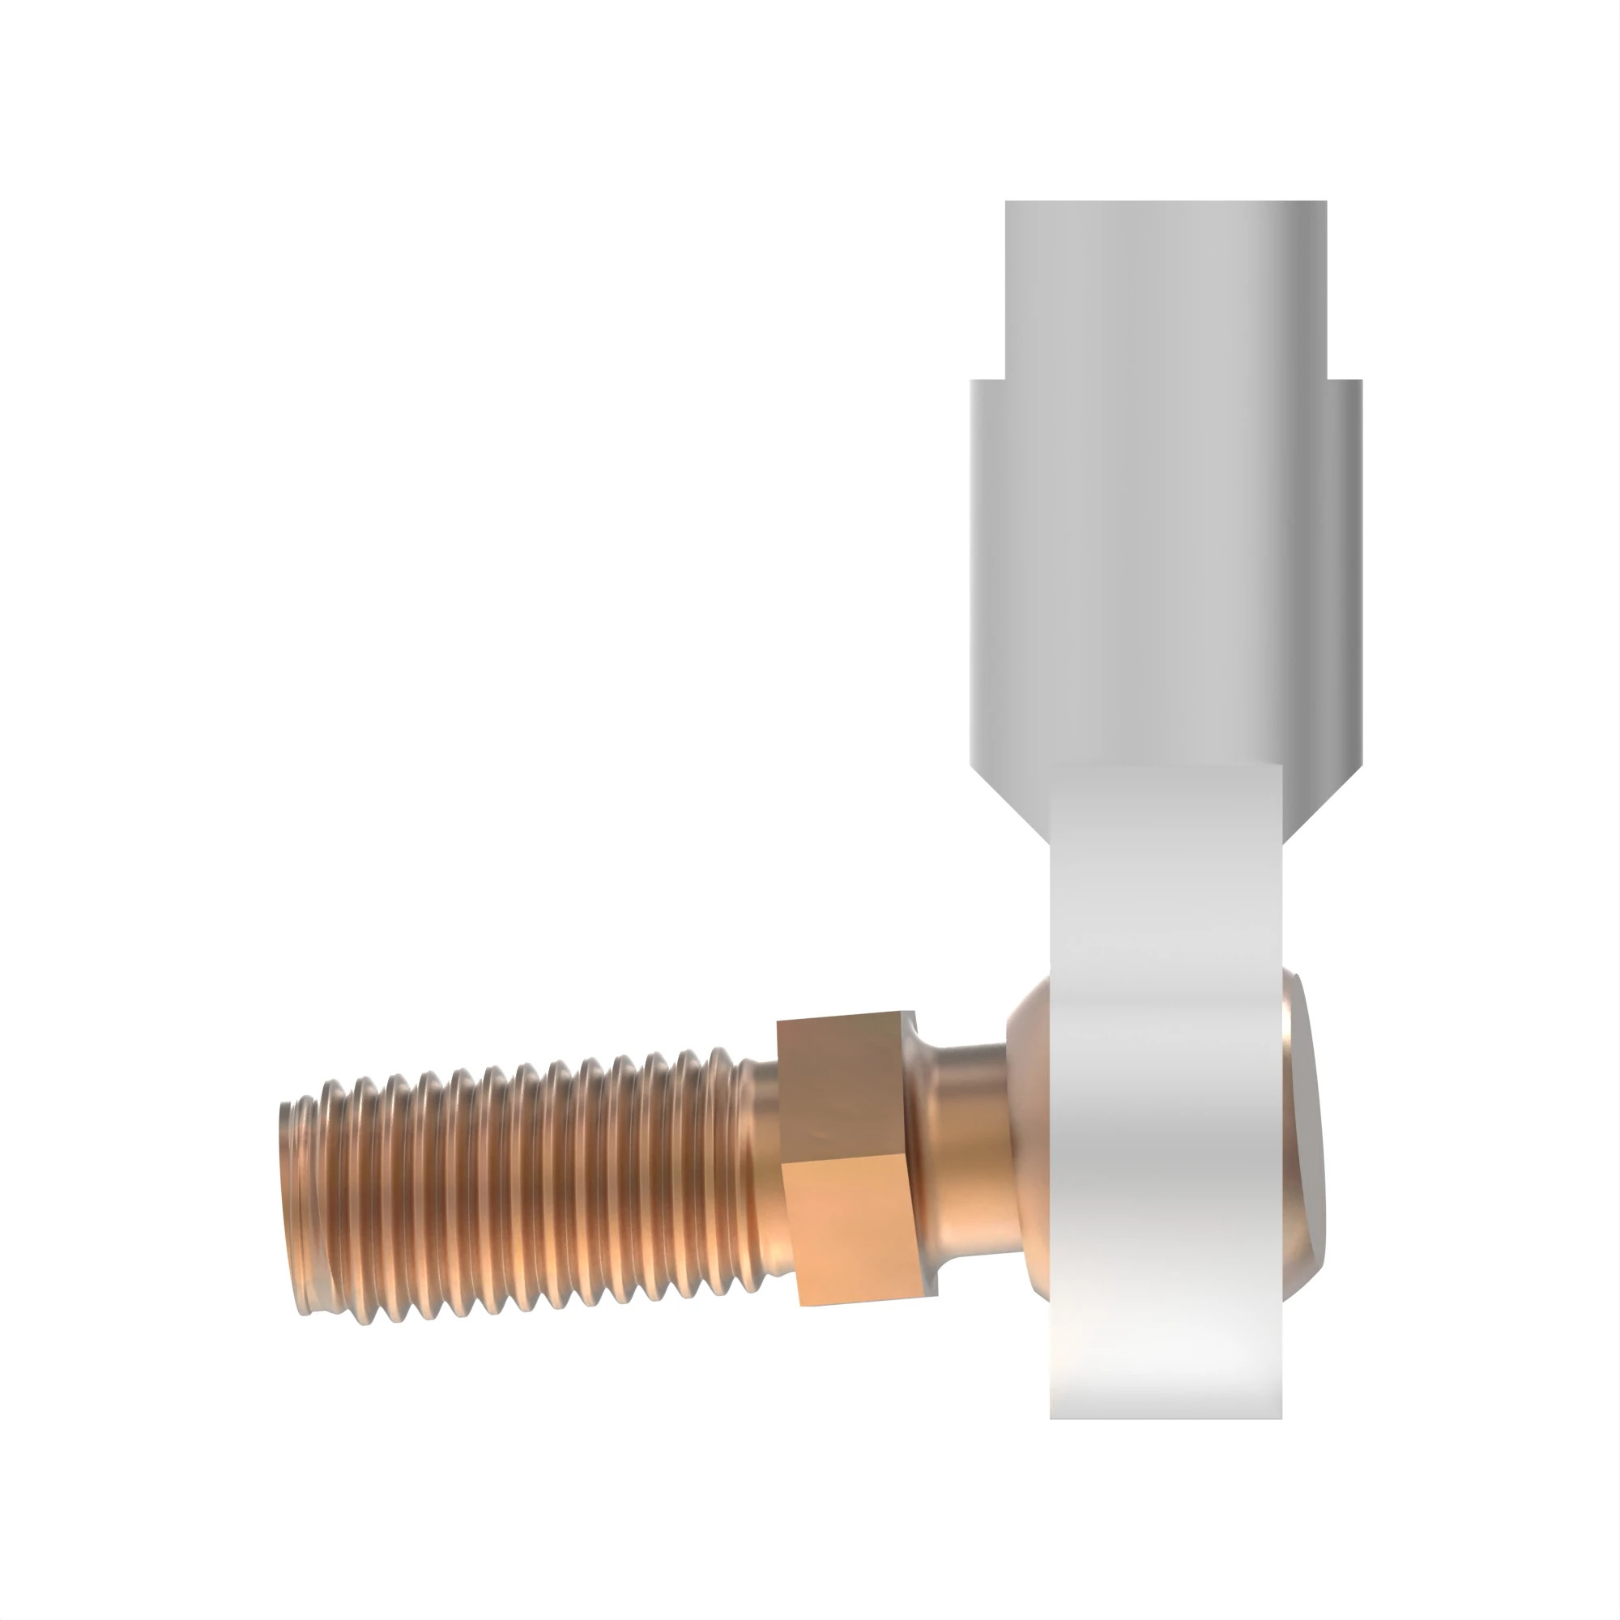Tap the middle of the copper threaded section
(520, 1183)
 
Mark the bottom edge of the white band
(1166, 1417)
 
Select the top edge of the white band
(1166, 765)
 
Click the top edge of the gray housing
(1166, 202)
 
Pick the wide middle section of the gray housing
(1166, 570)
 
